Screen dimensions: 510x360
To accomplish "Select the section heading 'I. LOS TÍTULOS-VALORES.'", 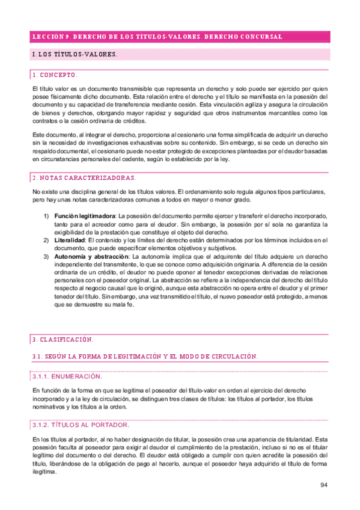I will tap(74, 55).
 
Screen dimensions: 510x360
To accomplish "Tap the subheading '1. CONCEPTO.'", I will tap(55, 75).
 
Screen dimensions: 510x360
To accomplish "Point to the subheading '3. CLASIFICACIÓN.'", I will tap(63, 339).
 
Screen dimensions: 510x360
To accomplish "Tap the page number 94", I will tap(323, 485).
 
